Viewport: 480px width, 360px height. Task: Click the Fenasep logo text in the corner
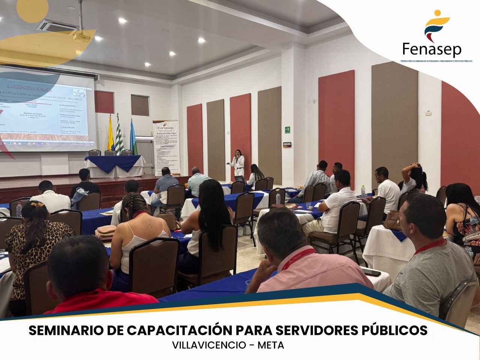(432, 49)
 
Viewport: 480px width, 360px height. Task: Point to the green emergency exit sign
(288, 130)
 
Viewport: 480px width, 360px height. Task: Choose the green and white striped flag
(119, 135)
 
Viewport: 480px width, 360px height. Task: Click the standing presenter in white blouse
(238, 164)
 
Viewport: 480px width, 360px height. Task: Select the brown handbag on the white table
(392, 220)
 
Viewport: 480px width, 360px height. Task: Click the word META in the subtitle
(270, 345)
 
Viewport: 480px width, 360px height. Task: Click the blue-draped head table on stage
(114, 165)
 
